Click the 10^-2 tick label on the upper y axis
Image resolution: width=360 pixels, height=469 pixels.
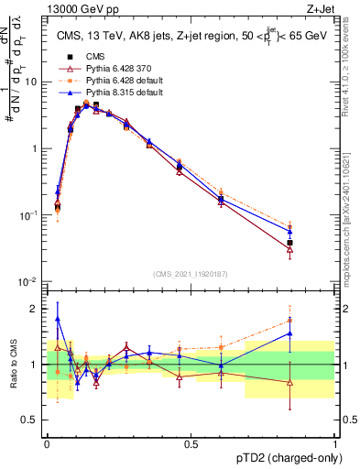tap(30, 281)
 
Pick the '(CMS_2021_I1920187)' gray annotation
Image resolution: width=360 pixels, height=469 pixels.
tap(191, 273)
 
